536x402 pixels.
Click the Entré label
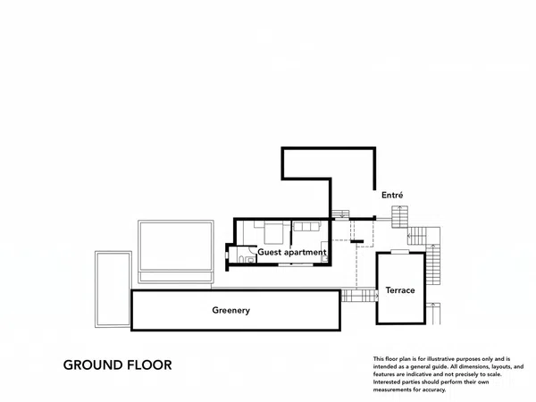pos(392,195)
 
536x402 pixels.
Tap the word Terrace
pos(400,290)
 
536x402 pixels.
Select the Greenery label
pos(231,310)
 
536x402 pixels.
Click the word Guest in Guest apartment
pos(270,252)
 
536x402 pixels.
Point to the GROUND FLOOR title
pos(118,365)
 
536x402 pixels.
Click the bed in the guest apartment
pos(273,232)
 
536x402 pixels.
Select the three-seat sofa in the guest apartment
pos(307,226)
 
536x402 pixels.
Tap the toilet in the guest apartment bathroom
pos(241,259)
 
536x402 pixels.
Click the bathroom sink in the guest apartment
pos(251,260)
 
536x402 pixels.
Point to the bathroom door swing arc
pos(252,248)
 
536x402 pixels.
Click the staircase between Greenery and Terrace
pos(359,296)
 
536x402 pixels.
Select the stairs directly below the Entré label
pos(399,217)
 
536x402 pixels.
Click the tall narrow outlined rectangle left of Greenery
pos(113,289)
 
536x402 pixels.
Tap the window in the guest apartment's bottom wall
pos(296,264)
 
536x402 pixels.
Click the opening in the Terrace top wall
pos(400,252)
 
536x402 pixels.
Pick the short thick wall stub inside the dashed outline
pos(356,242)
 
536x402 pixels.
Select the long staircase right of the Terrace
pos(433,264)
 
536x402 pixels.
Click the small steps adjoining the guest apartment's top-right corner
pos(340,214)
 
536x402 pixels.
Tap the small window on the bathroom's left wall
pos(226,255)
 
